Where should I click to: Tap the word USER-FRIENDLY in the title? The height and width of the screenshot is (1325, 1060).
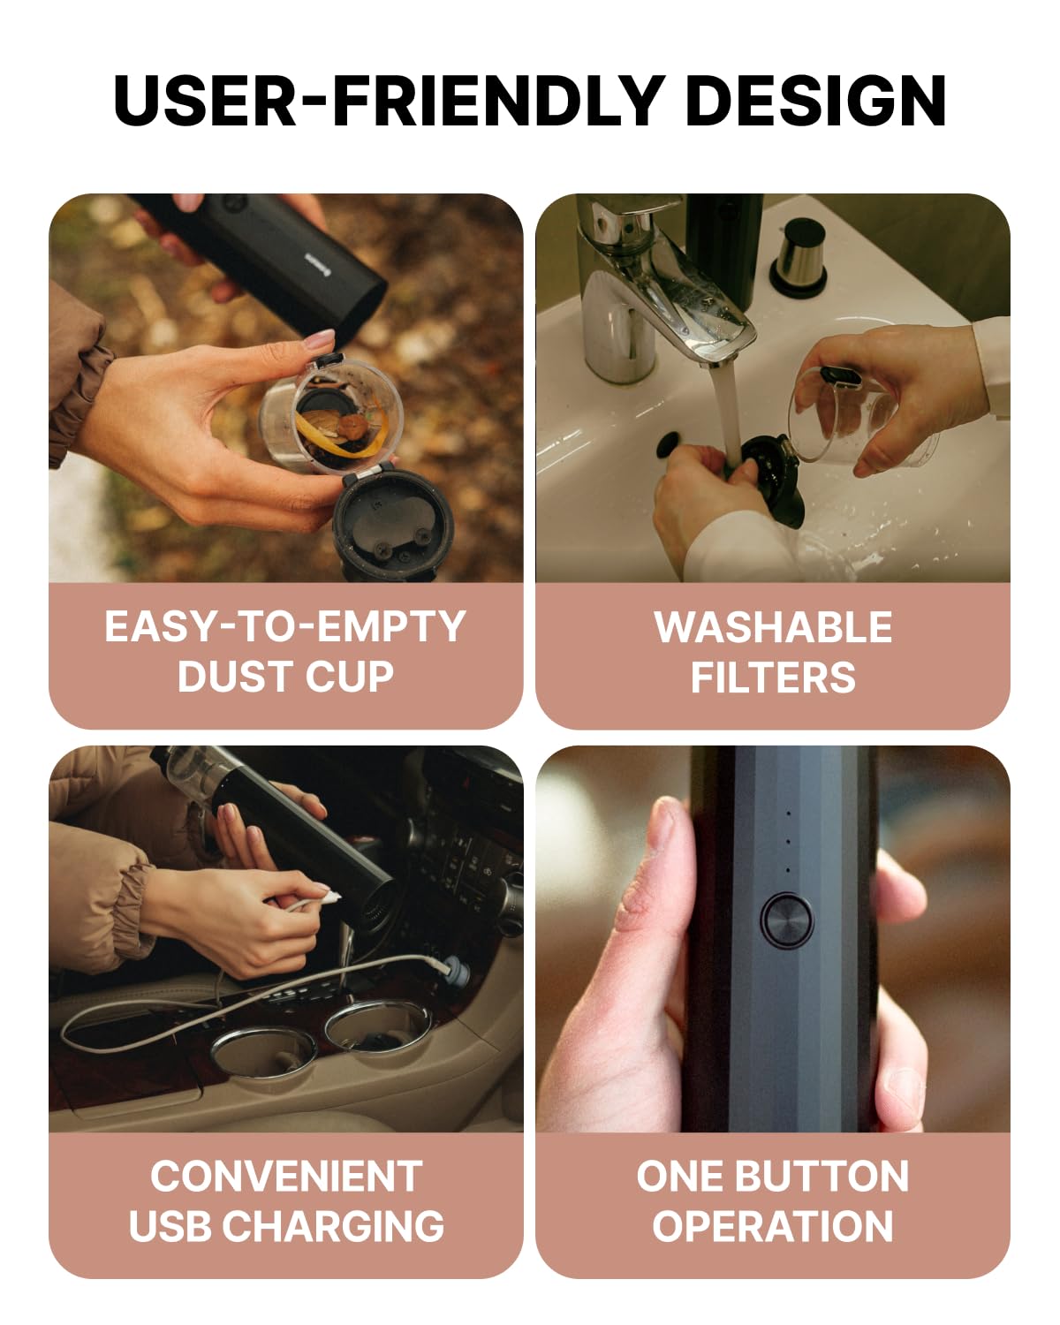point(389,101)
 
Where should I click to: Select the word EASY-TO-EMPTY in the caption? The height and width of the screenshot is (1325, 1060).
point(284,627)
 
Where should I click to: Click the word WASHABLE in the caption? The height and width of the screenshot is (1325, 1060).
point(773,627)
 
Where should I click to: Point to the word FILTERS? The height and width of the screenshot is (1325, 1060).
point(773,678)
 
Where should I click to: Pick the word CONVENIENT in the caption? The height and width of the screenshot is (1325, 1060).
point(286,1176)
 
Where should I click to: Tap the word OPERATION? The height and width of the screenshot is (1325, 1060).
point(772,1226)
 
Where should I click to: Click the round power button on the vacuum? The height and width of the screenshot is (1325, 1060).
point(786,920)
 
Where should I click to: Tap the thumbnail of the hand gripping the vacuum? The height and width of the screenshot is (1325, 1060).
point(772,938)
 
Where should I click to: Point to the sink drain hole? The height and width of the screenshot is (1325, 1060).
point(668,443)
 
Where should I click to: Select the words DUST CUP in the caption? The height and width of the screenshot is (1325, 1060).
point(285,677)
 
